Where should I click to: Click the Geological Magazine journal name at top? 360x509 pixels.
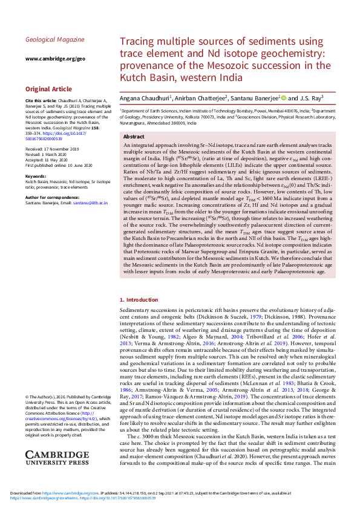(55, 39)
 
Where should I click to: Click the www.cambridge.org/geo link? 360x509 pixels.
(55, 59)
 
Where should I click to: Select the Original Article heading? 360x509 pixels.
(48, 89)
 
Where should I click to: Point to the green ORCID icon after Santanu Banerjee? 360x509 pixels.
(282, 97)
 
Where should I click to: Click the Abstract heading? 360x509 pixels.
(134, 137)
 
